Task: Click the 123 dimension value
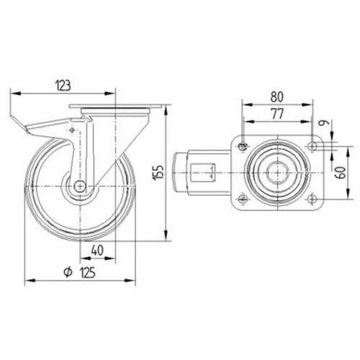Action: pos(63,86)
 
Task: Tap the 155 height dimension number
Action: pos(158,173)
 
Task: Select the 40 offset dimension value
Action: pos(97,250)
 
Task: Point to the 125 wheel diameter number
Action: pos(88,272)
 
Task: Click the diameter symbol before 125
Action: pos(68,272)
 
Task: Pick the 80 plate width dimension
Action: pos(277,96)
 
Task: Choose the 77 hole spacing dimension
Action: pos(277,114)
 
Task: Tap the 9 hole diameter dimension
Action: pos(325,122)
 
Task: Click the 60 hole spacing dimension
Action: pos(341,172)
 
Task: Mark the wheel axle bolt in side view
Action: pos(80,186)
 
